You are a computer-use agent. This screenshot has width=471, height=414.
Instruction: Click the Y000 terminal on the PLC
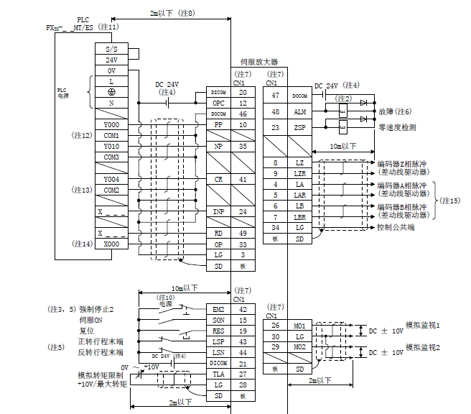pyautogui.click(x=111, y=124)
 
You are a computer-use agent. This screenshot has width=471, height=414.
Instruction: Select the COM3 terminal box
pyautogui.click(x=111, y=157)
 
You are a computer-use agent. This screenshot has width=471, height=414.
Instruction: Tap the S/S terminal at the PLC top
pyautogui.click(x=111, y=49)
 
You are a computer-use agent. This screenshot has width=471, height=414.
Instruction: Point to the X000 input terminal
pyautogui.click(x=111, y=244)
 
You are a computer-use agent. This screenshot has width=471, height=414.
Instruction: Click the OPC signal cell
pyautogui.click(x=218, y=103)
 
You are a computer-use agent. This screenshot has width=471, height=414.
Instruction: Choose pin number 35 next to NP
pyautogui.click(x=243, y=146)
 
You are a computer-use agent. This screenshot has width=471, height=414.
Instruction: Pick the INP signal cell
pyautogui.click(x=218, y=211)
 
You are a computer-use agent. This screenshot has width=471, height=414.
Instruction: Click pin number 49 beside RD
pyautogui.click(x=243, y=234)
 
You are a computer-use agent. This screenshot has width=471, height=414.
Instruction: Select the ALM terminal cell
pyautogui.click(x=299, y=111)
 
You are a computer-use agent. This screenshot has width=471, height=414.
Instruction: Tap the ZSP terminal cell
pyautogui.click(x=299, y=128)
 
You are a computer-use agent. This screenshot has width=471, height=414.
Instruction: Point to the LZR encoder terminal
pyautogui.click(x=299, y=174)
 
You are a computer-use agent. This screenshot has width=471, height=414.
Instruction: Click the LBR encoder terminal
pyautogui.click(x=299, y=217)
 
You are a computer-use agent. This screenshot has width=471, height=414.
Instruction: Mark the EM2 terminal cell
pyautogui.click(x=218, y=309)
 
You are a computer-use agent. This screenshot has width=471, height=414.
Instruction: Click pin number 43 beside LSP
pyautogui.click(x=243, y=341)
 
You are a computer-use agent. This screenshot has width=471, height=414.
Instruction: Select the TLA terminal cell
pyautogui.click(x=218, y=374)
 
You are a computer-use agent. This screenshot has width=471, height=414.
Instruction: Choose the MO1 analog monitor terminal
pyautogui.click(x=299, y=326)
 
